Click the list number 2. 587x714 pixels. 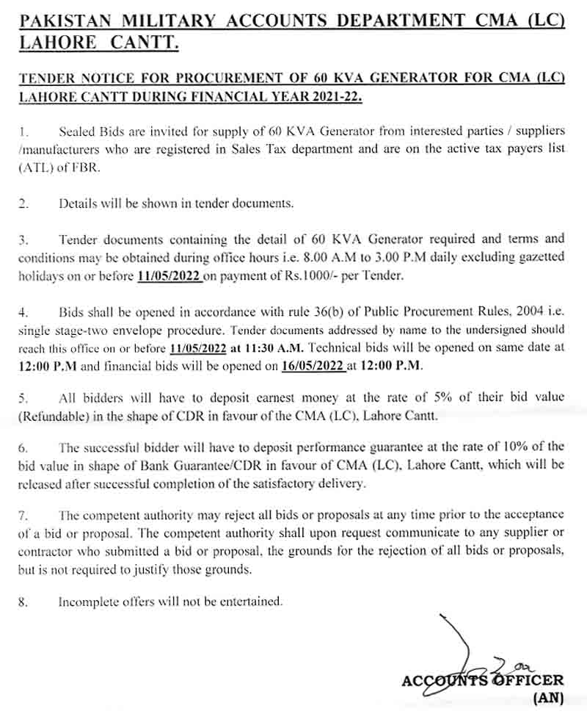point(23,203)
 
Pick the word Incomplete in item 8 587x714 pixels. point(86,602)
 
